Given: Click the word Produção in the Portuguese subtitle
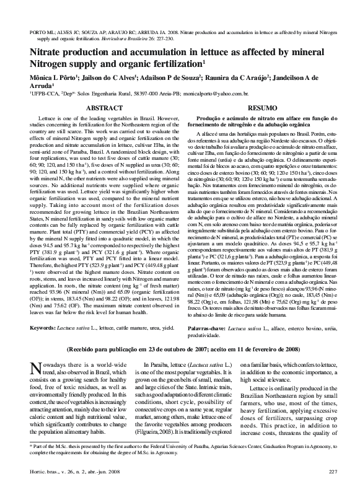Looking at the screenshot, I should pyautogui.click(x=209, y=117).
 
